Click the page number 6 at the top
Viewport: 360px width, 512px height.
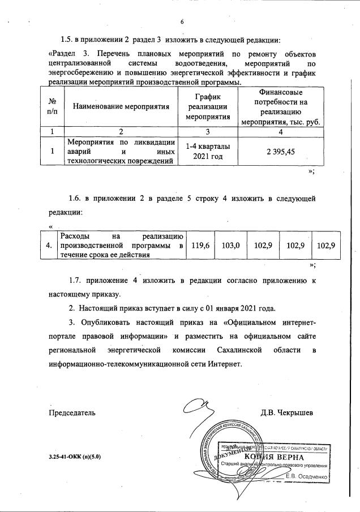coord(182,22)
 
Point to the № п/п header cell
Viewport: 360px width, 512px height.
coord(52,107)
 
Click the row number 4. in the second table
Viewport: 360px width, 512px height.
coord(50,245)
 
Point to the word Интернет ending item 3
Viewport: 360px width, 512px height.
coord(225,364)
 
